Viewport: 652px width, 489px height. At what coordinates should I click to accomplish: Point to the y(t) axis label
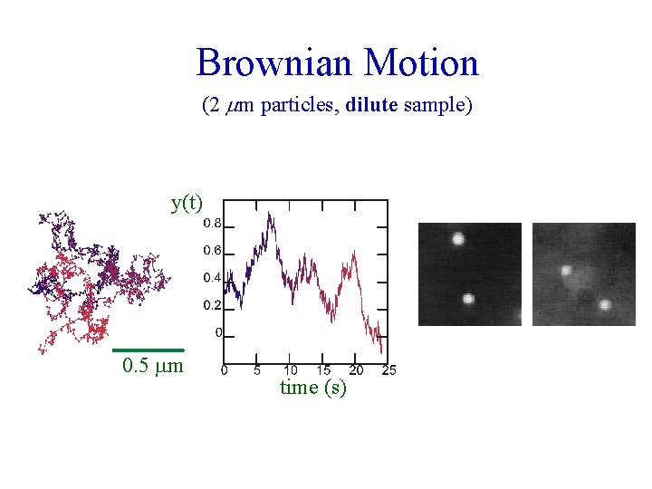187,203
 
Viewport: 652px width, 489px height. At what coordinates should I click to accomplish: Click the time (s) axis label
313,388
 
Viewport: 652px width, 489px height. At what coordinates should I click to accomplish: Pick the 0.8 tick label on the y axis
212,222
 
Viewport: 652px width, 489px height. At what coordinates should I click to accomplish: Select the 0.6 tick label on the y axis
212,250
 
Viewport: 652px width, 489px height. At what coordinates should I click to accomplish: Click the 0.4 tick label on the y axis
212,277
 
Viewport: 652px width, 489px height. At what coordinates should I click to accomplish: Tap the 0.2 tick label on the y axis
212,305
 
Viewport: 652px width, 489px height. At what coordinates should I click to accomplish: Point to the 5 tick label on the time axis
257,369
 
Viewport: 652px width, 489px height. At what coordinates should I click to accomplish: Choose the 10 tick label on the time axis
290,369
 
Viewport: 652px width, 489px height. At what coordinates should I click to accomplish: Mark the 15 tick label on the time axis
323,369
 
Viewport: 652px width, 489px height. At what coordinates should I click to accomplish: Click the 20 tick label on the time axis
356,369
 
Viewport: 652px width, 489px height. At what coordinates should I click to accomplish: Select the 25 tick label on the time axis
389,369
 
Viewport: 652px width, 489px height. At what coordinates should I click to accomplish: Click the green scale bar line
149,350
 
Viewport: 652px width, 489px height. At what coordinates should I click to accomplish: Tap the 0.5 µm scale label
152,367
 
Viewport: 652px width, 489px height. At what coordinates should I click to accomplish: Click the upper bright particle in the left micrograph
457,239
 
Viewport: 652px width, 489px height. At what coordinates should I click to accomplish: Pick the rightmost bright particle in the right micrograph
604,305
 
